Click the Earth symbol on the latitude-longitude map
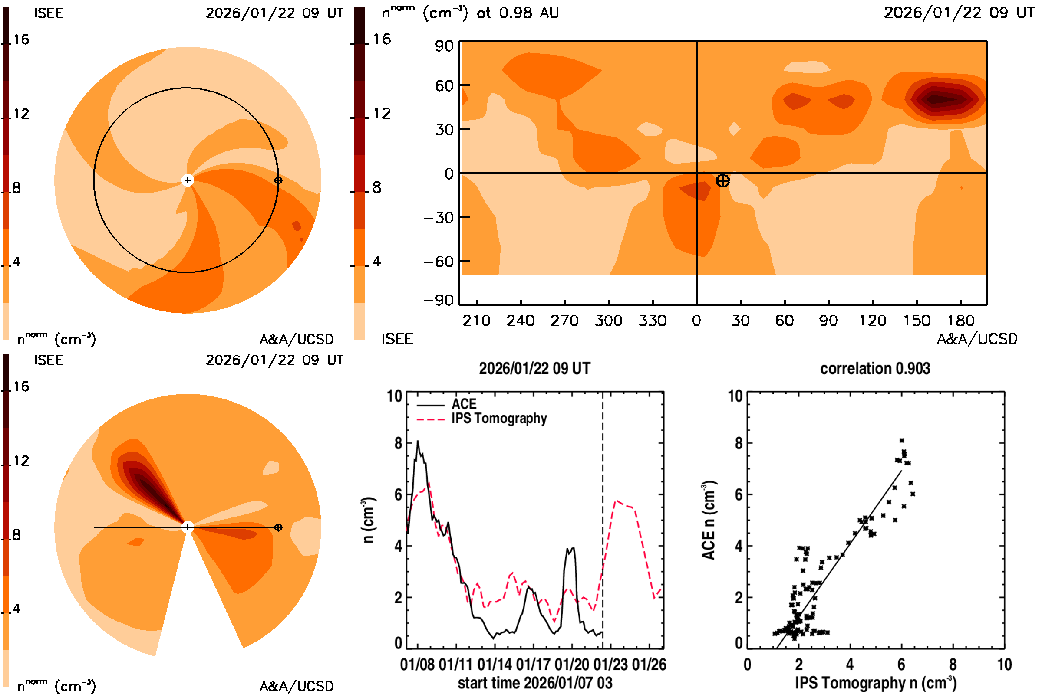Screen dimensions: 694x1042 tap(722, 180)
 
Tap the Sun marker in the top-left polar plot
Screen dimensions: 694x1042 tap(188, 180)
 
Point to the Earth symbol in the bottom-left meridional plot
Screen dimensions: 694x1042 tap(278, 527)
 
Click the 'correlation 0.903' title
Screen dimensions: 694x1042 tap(874, 369)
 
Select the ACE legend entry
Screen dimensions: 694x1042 tap(463, 404)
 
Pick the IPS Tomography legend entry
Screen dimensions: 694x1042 tap(499, 418)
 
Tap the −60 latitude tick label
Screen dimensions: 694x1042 tap(439, 262)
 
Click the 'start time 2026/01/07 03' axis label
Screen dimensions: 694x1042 tap(535, 683)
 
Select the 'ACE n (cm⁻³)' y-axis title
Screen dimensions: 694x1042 tap(709, 520)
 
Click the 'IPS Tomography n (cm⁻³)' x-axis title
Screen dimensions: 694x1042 tap(875, 683)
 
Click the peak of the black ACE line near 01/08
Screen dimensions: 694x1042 tap(417, 441)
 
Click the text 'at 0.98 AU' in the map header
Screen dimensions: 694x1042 tap(518, 13)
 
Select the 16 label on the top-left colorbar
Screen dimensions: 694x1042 tap(21, 39)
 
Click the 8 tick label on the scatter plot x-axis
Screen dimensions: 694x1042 tap(953, 665)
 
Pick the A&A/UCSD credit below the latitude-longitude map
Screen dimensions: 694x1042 tap(977, 339)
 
